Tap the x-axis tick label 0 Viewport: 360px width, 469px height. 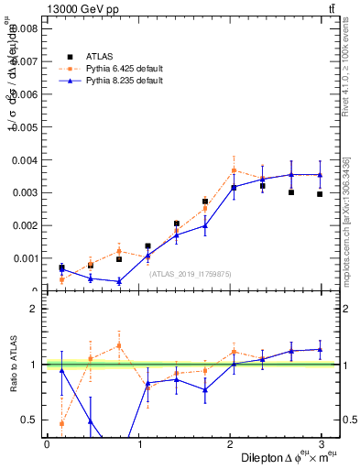(x=47, y=443)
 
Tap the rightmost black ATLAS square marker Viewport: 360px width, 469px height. (x=320, y=194)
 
